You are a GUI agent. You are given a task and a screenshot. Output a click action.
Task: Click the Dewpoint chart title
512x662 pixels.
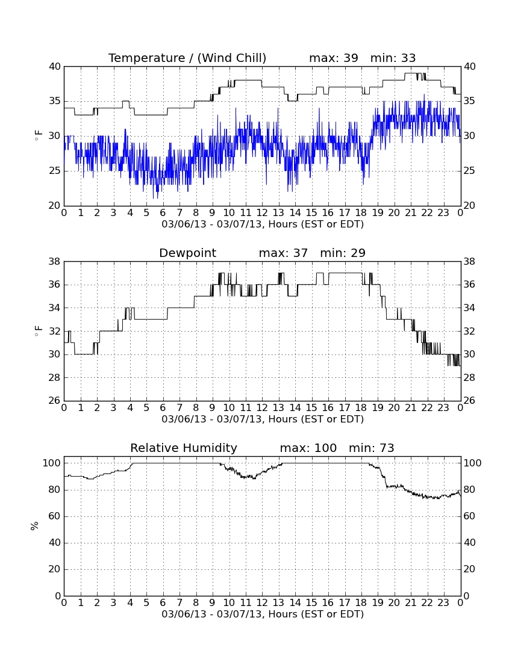point(187,253)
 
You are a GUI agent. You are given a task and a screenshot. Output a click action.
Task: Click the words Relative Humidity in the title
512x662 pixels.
point(184,448)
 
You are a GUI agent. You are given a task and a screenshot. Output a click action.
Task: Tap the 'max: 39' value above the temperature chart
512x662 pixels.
point(334,58)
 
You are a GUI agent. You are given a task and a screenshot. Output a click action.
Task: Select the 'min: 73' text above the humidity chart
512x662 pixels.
point(371,448)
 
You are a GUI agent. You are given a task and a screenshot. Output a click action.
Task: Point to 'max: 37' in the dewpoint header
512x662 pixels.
point(283,253)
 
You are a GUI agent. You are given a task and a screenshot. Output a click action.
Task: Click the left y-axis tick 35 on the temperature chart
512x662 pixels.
point(55,101)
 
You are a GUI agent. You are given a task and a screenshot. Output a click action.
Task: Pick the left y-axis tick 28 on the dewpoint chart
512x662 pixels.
point(55,377)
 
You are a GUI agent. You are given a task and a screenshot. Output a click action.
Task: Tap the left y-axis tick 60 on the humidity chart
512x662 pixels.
point(55,516)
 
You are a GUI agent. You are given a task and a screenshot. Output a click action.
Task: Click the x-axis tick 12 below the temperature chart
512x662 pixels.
point(262,213)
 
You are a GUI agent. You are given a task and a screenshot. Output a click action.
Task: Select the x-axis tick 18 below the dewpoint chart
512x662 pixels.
point(361,408)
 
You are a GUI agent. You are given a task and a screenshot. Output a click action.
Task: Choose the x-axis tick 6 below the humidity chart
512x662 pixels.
point(163,603)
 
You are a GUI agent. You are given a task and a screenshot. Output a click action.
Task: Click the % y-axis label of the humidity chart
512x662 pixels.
point(35,526)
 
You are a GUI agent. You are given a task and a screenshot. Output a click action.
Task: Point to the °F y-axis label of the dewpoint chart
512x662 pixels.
point(38,332)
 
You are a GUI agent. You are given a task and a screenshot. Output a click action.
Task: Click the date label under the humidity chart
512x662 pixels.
point(263,614)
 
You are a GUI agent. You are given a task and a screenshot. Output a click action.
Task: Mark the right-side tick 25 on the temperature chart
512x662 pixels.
point(470,171)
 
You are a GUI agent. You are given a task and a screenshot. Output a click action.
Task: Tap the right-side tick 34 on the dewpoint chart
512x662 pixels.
point(470,308)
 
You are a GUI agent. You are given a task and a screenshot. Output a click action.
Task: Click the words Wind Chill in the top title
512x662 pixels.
point(232,58)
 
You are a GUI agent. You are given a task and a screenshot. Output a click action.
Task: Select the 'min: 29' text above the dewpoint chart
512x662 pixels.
point(343,253)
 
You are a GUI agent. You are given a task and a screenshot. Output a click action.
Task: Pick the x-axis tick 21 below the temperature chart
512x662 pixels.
point(411,213)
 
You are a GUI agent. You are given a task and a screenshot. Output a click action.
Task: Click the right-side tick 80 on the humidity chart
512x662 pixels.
point(470,490)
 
